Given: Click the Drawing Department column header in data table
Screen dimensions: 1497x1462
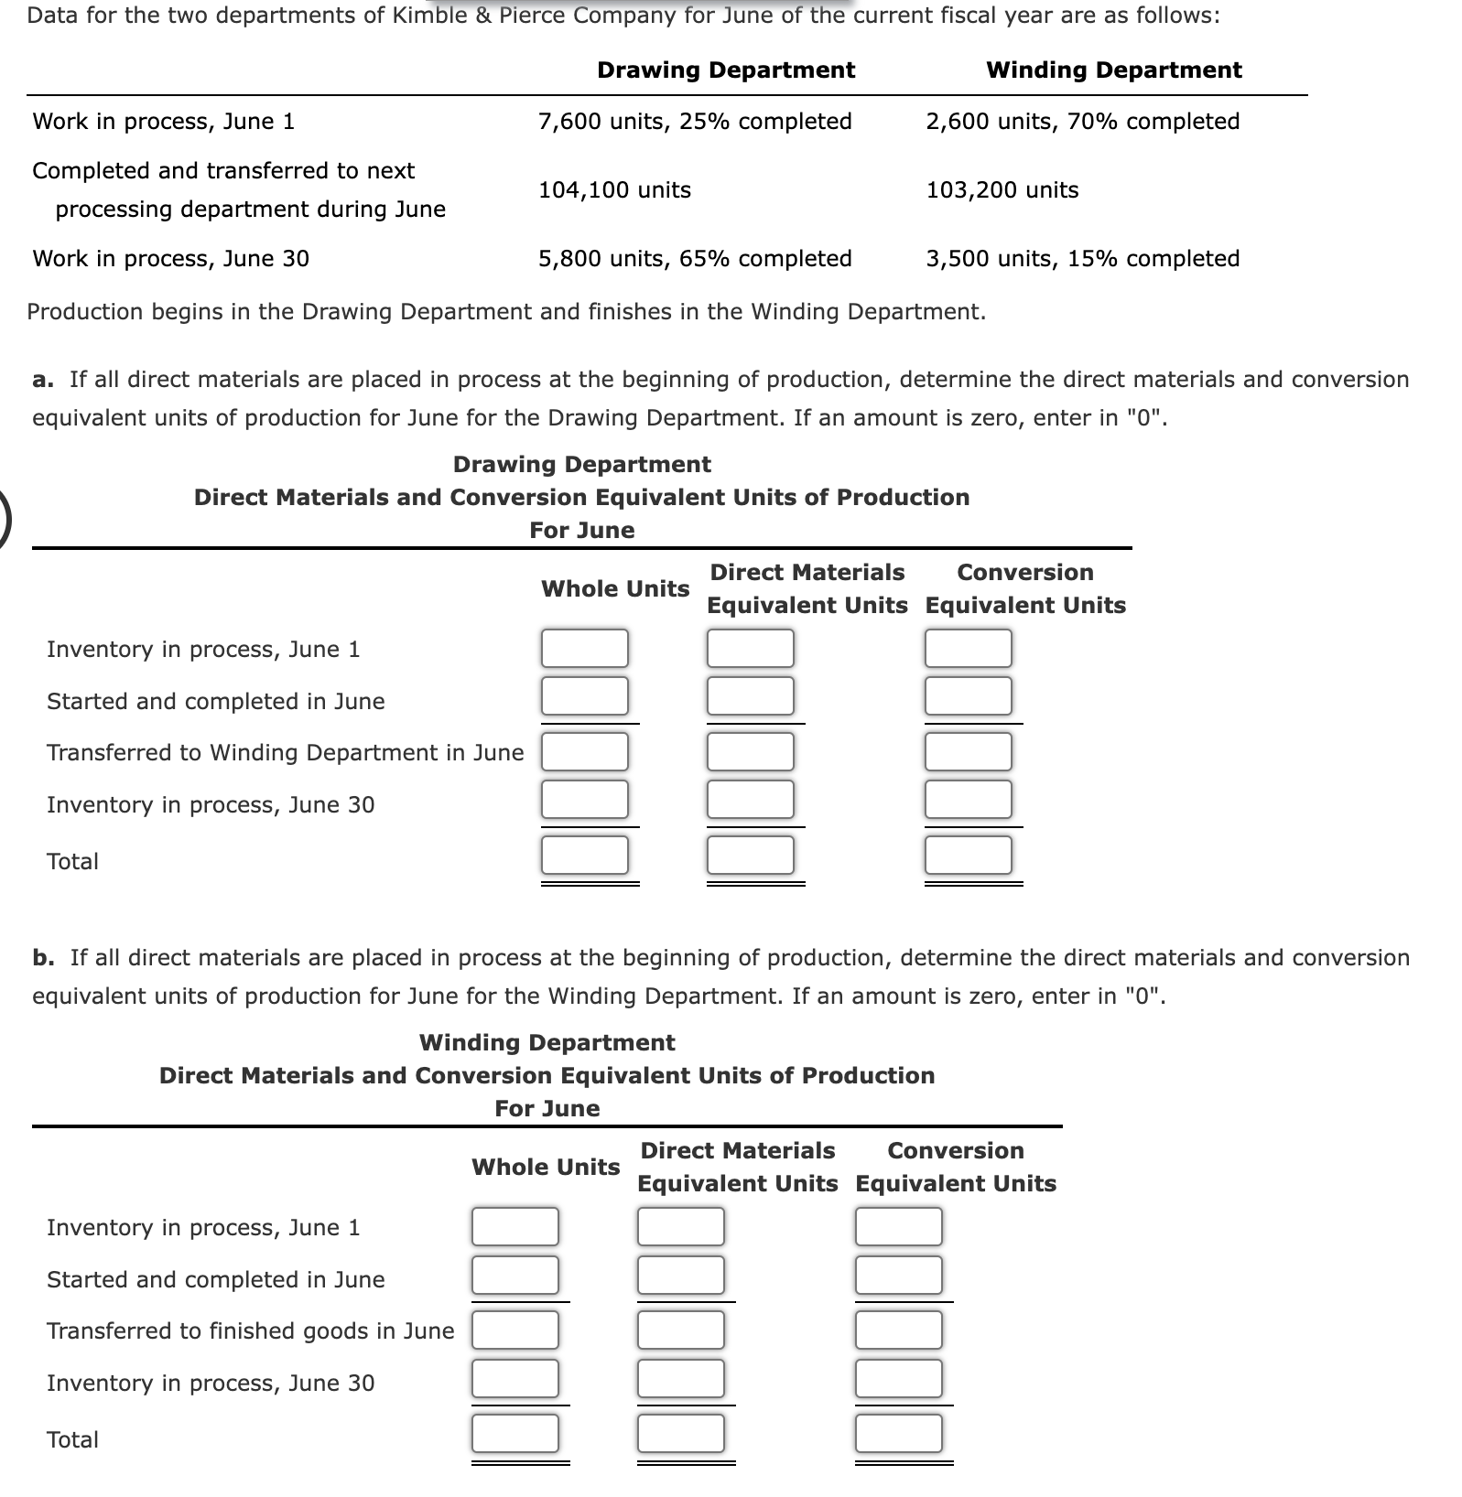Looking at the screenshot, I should [725, 70].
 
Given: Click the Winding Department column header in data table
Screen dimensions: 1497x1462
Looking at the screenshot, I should [1113, 70].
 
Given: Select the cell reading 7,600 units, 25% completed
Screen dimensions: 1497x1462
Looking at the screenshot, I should [695, 122].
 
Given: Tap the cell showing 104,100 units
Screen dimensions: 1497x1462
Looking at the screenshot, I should [614, 190].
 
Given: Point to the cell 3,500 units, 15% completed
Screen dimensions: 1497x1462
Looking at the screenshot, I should [1082, 259].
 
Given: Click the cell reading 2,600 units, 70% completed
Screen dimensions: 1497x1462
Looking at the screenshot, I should [1082, 122].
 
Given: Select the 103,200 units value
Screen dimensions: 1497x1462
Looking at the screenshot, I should [1002, 190].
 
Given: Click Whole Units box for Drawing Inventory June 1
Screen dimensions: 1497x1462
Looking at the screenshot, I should [584, 649].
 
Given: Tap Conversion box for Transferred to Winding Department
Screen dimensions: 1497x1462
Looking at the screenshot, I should [968, 752].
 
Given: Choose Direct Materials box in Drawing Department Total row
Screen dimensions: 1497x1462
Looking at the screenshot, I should [750, 856].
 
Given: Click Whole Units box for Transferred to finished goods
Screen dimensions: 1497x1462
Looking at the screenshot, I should [514, 1330].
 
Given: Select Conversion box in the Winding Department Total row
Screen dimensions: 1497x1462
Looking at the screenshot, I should [898, 1434].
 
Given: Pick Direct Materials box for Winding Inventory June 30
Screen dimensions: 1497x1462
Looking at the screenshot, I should [680, 1379].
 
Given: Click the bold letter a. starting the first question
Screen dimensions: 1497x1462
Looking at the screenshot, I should [43, 380].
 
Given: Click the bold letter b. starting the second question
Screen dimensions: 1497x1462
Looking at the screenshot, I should [43, 958].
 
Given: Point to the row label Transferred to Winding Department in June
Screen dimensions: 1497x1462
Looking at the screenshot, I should [285, 753].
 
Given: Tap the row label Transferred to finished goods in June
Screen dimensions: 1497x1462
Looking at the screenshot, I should [250, 1331].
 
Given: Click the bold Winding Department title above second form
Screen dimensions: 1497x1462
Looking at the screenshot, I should [547, 1043].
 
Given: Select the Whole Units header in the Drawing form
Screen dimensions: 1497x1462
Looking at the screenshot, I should [614, 589].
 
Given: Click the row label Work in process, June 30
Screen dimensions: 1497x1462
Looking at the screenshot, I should [170, 259].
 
